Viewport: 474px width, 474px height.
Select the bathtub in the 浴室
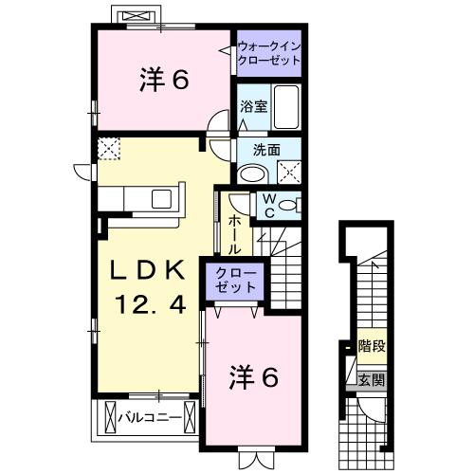(283, 107)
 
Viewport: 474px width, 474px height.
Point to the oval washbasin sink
(252, 173)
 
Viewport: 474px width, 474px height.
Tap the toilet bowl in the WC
(289, 205)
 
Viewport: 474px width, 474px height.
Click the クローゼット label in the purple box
(234, 280)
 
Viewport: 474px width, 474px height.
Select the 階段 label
(371, 346)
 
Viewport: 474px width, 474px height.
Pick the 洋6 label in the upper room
(163, 81)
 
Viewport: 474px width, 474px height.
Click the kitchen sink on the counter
(158, 198)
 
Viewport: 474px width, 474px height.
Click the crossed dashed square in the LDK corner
(108, 148)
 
